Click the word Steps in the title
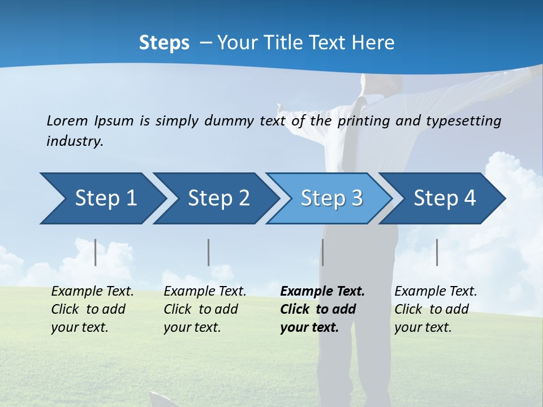(164, 42)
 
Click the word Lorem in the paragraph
(67, 120)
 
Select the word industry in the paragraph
(75, 141)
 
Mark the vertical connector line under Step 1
(95, 252)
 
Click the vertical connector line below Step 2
(208, 252)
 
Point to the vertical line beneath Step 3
(322, 252)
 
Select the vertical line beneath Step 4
(437, 252)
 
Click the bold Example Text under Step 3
(322, 292)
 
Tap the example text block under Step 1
(92, 309)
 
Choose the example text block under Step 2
(205, 309)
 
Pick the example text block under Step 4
(436, 309)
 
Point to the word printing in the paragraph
(364, 120)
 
